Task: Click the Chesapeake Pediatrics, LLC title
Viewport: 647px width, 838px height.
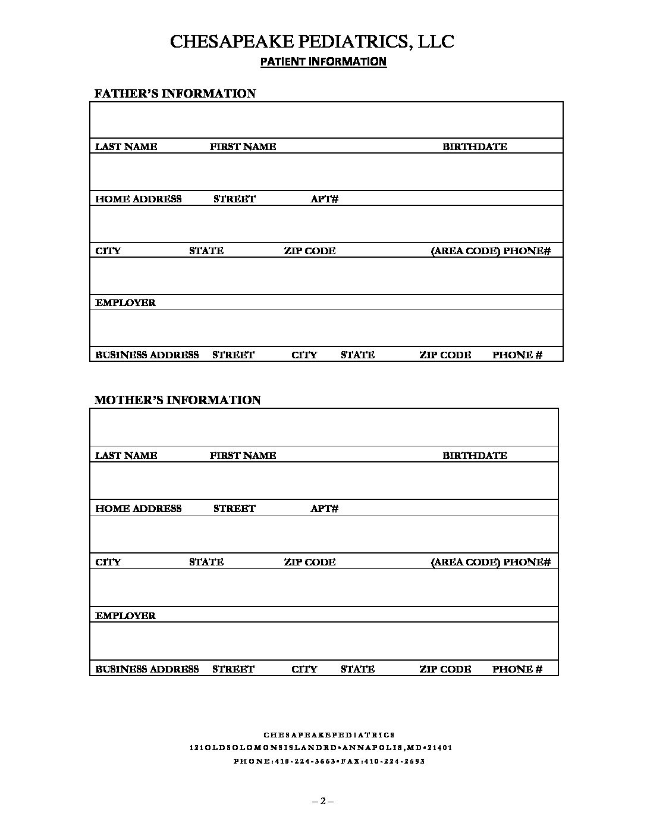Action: [312, 42]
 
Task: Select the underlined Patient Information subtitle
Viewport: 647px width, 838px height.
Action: [323, 61]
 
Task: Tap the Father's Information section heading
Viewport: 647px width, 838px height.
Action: [175, 93]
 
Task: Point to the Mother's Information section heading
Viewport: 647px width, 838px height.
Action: [178, 400]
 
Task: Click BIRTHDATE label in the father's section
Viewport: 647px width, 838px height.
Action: [475, 146]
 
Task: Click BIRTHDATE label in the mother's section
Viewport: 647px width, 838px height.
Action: [475, 455]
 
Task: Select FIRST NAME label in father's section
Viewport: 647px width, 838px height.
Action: [243, 146]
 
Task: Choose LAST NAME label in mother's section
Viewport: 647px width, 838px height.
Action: [126, 455]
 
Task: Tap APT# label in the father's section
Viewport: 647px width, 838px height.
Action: [324, 199]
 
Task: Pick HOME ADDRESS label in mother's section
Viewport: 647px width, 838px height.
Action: [139, 508]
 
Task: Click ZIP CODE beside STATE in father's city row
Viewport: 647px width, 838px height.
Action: [309, 251]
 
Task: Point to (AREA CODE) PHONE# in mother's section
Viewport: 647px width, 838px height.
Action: [491, 562]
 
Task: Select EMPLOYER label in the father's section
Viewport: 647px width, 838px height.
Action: [125, 302]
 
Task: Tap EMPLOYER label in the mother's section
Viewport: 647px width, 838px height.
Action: [125, 615]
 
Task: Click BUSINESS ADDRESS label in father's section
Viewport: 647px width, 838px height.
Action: [147, 355]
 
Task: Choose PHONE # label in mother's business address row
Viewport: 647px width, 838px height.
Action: [517, 669]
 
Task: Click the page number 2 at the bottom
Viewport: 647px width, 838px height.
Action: [323, 801]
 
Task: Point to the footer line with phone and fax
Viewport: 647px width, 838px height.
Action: [329, 761]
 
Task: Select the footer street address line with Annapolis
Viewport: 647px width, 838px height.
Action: [321, 748]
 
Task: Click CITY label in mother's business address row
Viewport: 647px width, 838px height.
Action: [304, 669]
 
